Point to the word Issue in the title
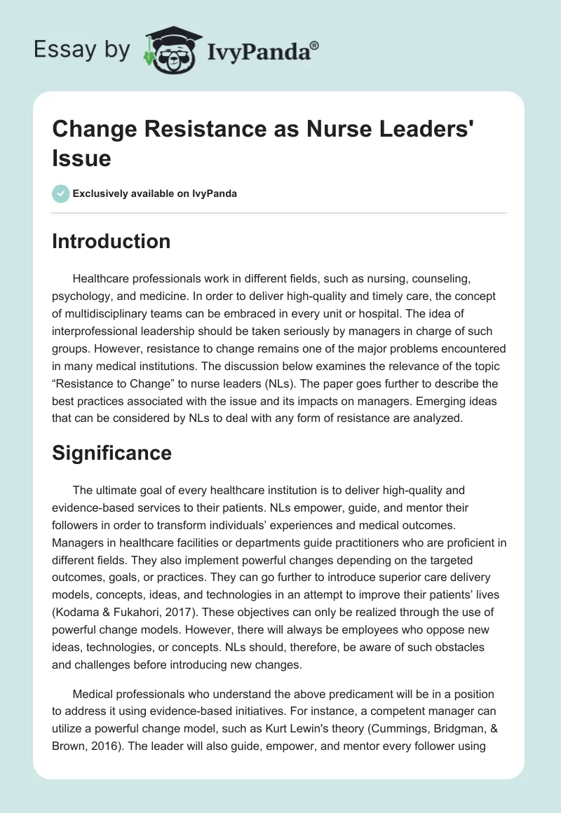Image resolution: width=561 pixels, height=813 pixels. [x=81, y=158]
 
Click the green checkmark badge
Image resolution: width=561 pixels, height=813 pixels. [x=61, y=193]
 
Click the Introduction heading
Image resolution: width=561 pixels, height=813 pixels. [x=111, y=241]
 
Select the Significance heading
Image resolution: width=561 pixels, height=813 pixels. [x=112, y=453]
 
